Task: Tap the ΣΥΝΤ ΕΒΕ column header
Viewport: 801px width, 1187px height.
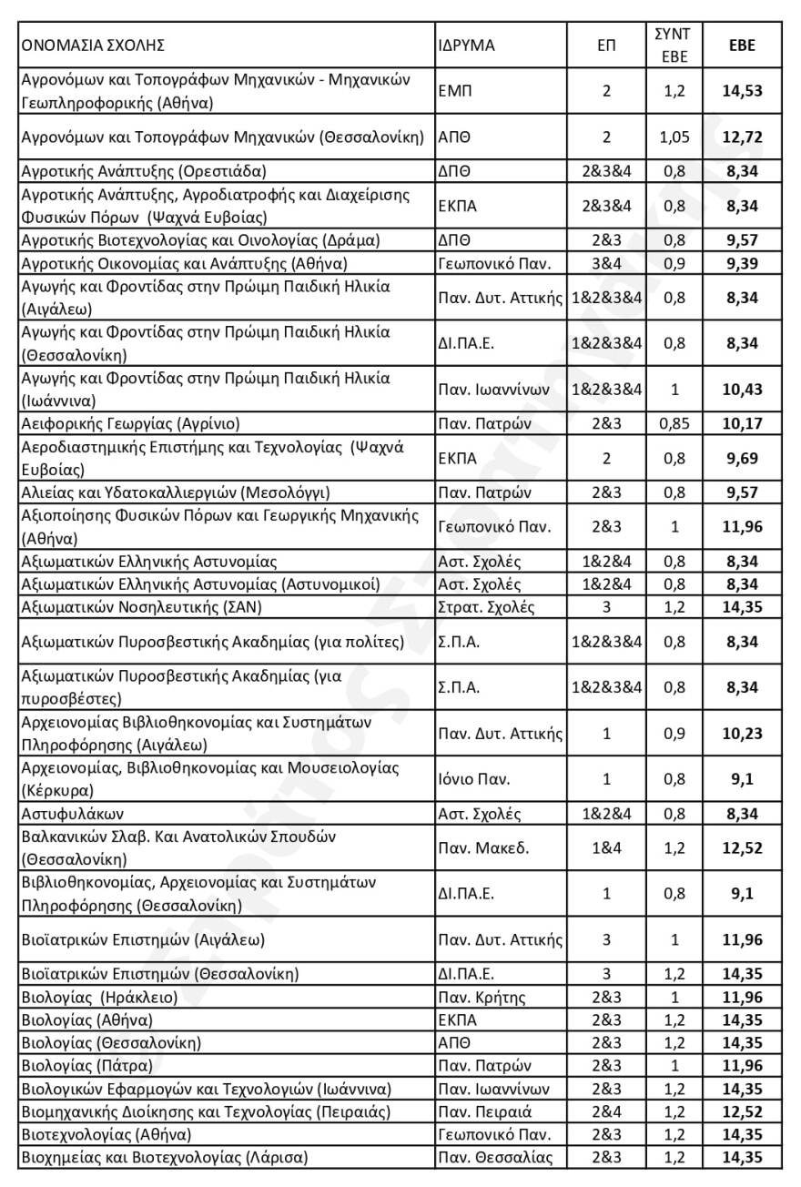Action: (x=673, y=45)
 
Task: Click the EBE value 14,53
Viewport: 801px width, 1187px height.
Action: (x=741, y=91)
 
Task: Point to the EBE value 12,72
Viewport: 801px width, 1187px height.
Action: (x=741, y=137)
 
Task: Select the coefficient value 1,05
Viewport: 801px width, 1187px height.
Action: (x=673, y=137)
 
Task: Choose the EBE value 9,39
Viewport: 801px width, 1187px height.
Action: (x=741, y=264)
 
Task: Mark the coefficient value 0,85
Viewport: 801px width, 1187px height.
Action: (x=673, y=423)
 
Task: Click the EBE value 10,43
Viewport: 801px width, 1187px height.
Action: (x=741, y=389)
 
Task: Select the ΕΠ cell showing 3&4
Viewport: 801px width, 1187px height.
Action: (x=606, y=264)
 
